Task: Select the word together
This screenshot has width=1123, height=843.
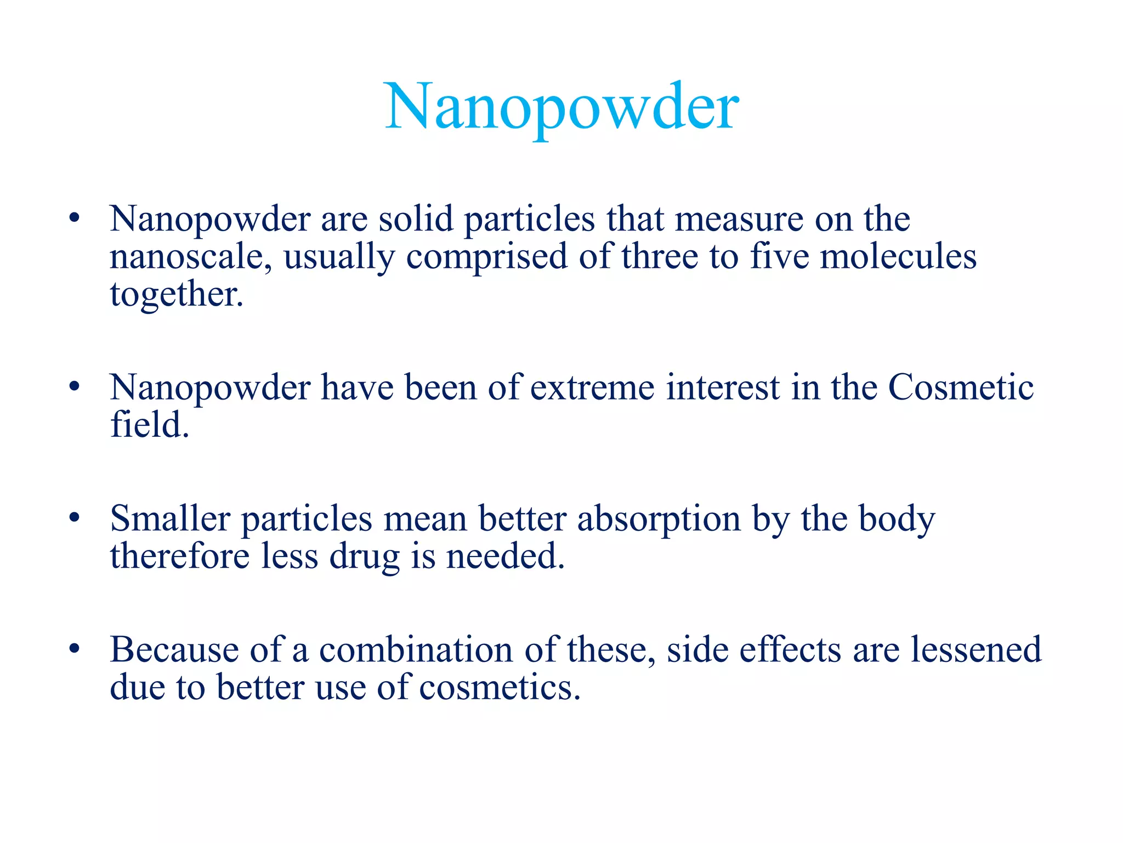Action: tap(175, 295)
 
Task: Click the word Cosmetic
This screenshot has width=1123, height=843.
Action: tap(961, 387)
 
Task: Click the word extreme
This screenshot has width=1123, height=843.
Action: tap(592, 387)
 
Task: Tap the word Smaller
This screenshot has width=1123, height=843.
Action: tap(170, 519)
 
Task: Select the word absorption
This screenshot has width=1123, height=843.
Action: tap(659, 520)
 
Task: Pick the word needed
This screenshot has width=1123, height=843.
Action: tap(504, 556)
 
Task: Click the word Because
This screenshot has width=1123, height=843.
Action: tap(174, 650)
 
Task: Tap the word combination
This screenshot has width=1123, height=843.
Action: tap(416, 650)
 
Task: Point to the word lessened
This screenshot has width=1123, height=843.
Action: tap(976, 650)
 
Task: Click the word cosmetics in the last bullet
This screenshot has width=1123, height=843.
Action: tap(499, 688)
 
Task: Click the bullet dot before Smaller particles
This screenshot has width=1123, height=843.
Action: tap(75, 518)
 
